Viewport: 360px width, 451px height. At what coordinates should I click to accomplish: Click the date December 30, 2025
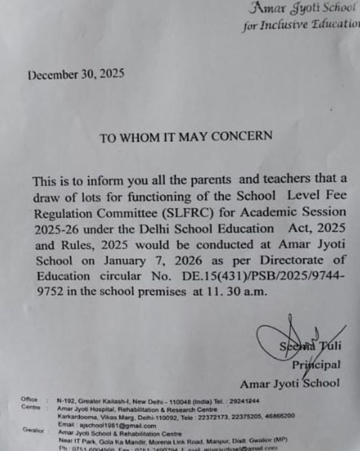point(76,75)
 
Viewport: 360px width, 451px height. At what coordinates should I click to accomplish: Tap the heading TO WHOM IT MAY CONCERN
point(186,137)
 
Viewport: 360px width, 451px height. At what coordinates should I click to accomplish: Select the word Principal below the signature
point(317,365)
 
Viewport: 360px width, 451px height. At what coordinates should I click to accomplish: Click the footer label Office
point(29,399)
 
